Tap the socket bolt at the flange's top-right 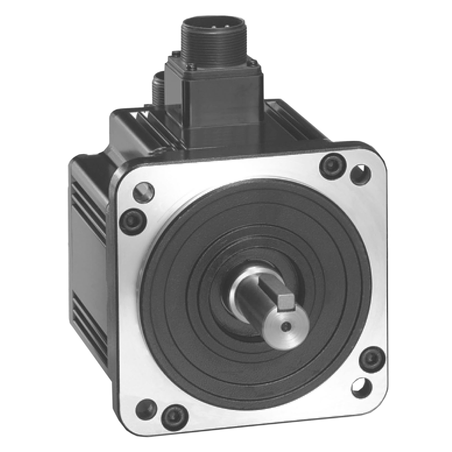pyautogui.click(x=332, y=165)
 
